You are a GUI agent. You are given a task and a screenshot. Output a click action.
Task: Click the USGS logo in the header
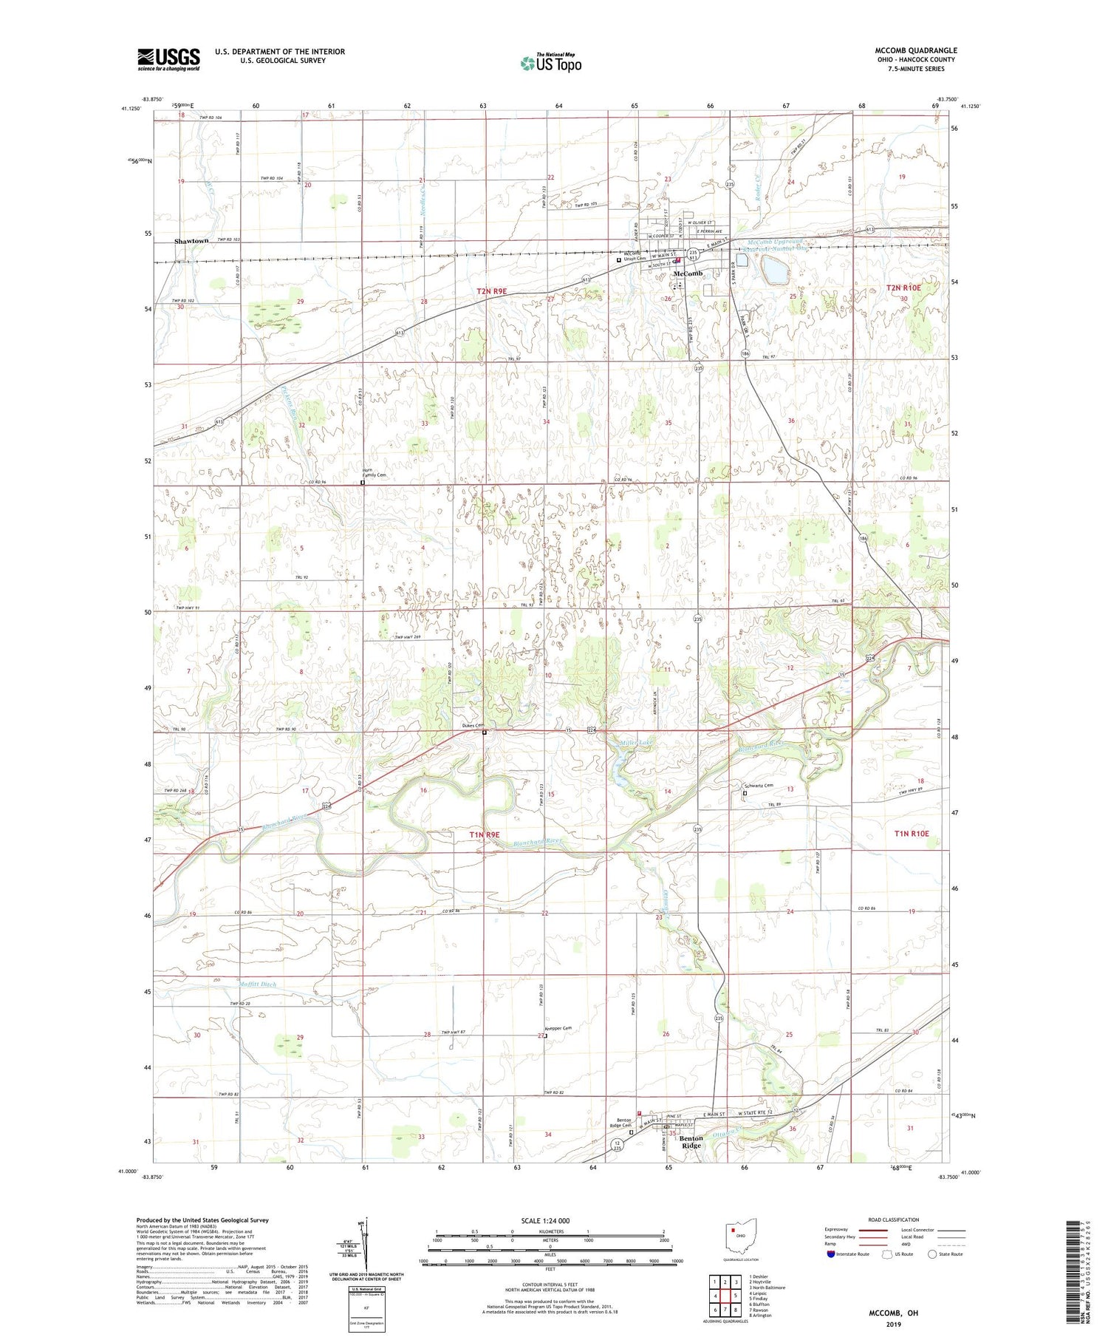pos(168,59)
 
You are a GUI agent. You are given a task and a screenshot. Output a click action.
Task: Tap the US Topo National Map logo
pos(550,62)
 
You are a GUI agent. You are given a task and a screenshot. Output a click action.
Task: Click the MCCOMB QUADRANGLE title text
pos(915,50)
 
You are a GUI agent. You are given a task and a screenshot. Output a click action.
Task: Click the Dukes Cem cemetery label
pos(473,726)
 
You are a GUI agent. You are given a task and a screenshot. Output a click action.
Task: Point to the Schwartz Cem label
pos(757,786)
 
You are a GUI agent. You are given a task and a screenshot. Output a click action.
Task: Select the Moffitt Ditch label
pos(257,984)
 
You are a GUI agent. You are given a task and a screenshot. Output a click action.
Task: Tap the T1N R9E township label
pos(485,834)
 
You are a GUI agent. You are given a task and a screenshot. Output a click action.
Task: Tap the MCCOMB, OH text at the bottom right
pos(892,1313)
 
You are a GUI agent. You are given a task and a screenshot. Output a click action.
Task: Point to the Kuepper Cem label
pos(558,1028)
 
